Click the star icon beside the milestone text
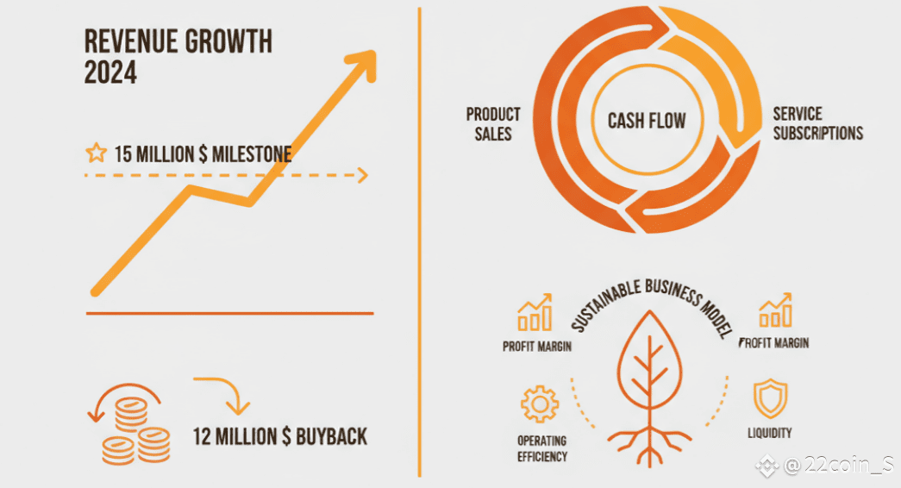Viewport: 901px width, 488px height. click(x=96, y=153)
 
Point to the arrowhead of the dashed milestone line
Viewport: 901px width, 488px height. click(x=363, y=175)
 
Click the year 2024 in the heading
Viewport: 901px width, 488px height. click(x=111, y=73)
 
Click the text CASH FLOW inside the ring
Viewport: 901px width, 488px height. click(x=647, y=121)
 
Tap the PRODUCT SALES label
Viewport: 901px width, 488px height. click(x=493, y=124)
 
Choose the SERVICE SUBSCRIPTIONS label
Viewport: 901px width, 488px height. click(x=817, y=123)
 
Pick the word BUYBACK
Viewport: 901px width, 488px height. click(x=332, y=437)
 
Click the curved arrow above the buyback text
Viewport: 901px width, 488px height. click(x=224, y=394)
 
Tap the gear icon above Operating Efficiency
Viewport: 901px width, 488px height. click(x=539, y=404)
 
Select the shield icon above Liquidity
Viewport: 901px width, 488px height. click(x=770, y=398)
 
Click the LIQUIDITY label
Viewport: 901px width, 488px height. click(x=769, y=433)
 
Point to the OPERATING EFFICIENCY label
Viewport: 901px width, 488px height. click(x=541, y=449)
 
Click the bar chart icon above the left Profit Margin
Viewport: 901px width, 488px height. click(x=535, y=313)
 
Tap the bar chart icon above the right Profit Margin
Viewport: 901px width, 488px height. click(x=775, y=310)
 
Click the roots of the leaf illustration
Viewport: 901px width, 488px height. click(x=650, y=442)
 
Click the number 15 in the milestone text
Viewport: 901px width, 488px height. click(x=122, y=154)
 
